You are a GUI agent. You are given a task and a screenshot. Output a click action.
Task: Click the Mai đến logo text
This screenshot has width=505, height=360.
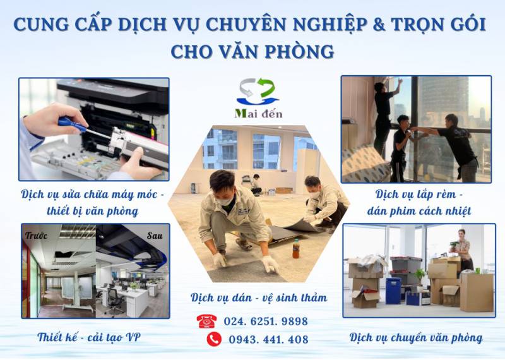coord(259,114)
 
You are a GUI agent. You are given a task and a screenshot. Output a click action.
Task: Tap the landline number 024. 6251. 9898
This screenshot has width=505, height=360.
coord(266,321)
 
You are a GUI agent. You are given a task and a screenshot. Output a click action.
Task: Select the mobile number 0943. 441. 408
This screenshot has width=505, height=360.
coord(269,339)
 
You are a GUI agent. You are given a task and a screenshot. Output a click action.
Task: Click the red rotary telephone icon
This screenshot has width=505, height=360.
coord(207,321)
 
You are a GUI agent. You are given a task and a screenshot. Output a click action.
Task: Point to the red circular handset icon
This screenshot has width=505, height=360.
coord(214,339)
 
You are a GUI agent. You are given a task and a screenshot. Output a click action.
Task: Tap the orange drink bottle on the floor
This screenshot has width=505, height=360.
coord(295,248)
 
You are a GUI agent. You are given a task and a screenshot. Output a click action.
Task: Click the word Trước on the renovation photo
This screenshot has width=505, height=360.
coord(37,236)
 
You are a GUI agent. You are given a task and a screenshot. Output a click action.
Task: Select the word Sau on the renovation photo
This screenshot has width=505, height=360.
coord(155,236)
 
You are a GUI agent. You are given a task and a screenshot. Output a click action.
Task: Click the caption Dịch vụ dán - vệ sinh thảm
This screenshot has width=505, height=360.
coord(259,297)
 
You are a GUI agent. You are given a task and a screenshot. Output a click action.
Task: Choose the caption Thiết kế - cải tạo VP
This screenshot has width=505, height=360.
coord(89,337)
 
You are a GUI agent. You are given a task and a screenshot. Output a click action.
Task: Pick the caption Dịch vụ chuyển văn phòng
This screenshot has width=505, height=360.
coord(416,338)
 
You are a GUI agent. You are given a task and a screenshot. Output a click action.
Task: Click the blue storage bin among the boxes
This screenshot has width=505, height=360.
coord(393,291)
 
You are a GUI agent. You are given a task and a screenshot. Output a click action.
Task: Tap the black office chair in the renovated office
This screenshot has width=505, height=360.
coord(114,301)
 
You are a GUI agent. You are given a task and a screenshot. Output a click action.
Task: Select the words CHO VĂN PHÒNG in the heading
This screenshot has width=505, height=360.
coord(252,52)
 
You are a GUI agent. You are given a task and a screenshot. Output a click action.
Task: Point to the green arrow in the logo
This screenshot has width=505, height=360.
coord(266,87)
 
